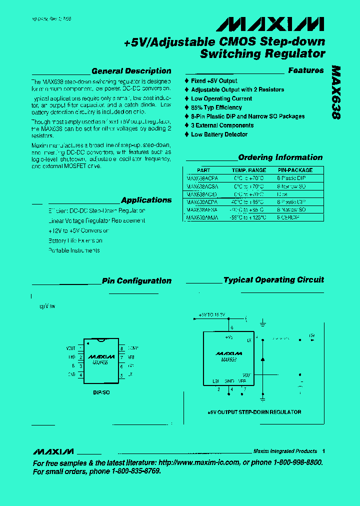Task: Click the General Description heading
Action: [131, 71]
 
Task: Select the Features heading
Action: [305, 70]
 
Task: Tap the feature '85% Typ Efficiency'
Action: [216, 107]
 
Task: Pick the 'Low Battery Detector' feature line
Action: [219, 134]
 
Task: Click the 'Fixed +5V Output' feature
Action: [214, 81]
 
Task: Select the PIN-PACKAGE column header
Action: [295, 170]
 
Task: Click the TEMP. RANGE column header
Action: [250, 170]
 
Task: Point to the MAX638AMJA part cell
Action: [202, 218]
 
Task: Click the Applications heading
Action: [146, 200]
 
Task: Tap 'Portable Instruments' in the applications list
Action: [74, 250]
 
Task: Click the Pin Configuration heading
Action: [136, 281]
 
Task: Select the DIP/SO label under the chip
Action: [101, 392]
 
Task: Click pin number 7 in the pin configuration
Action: [121, 357]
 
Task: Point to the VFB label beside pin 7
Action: [131, 357]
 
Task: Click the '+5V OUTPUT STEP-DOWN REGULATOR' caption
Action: [254, 412]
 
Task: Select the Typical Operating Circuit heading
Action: [273, 280]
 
